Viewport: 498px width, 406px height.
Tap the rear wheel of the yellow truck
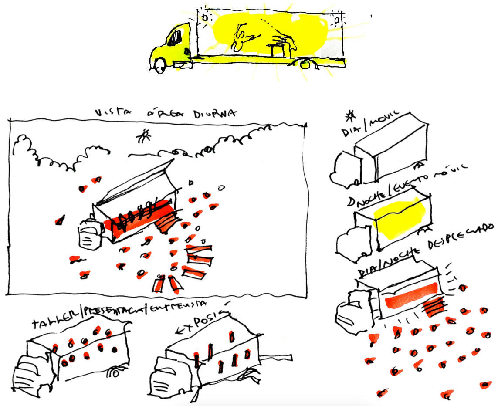point(306,64)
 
